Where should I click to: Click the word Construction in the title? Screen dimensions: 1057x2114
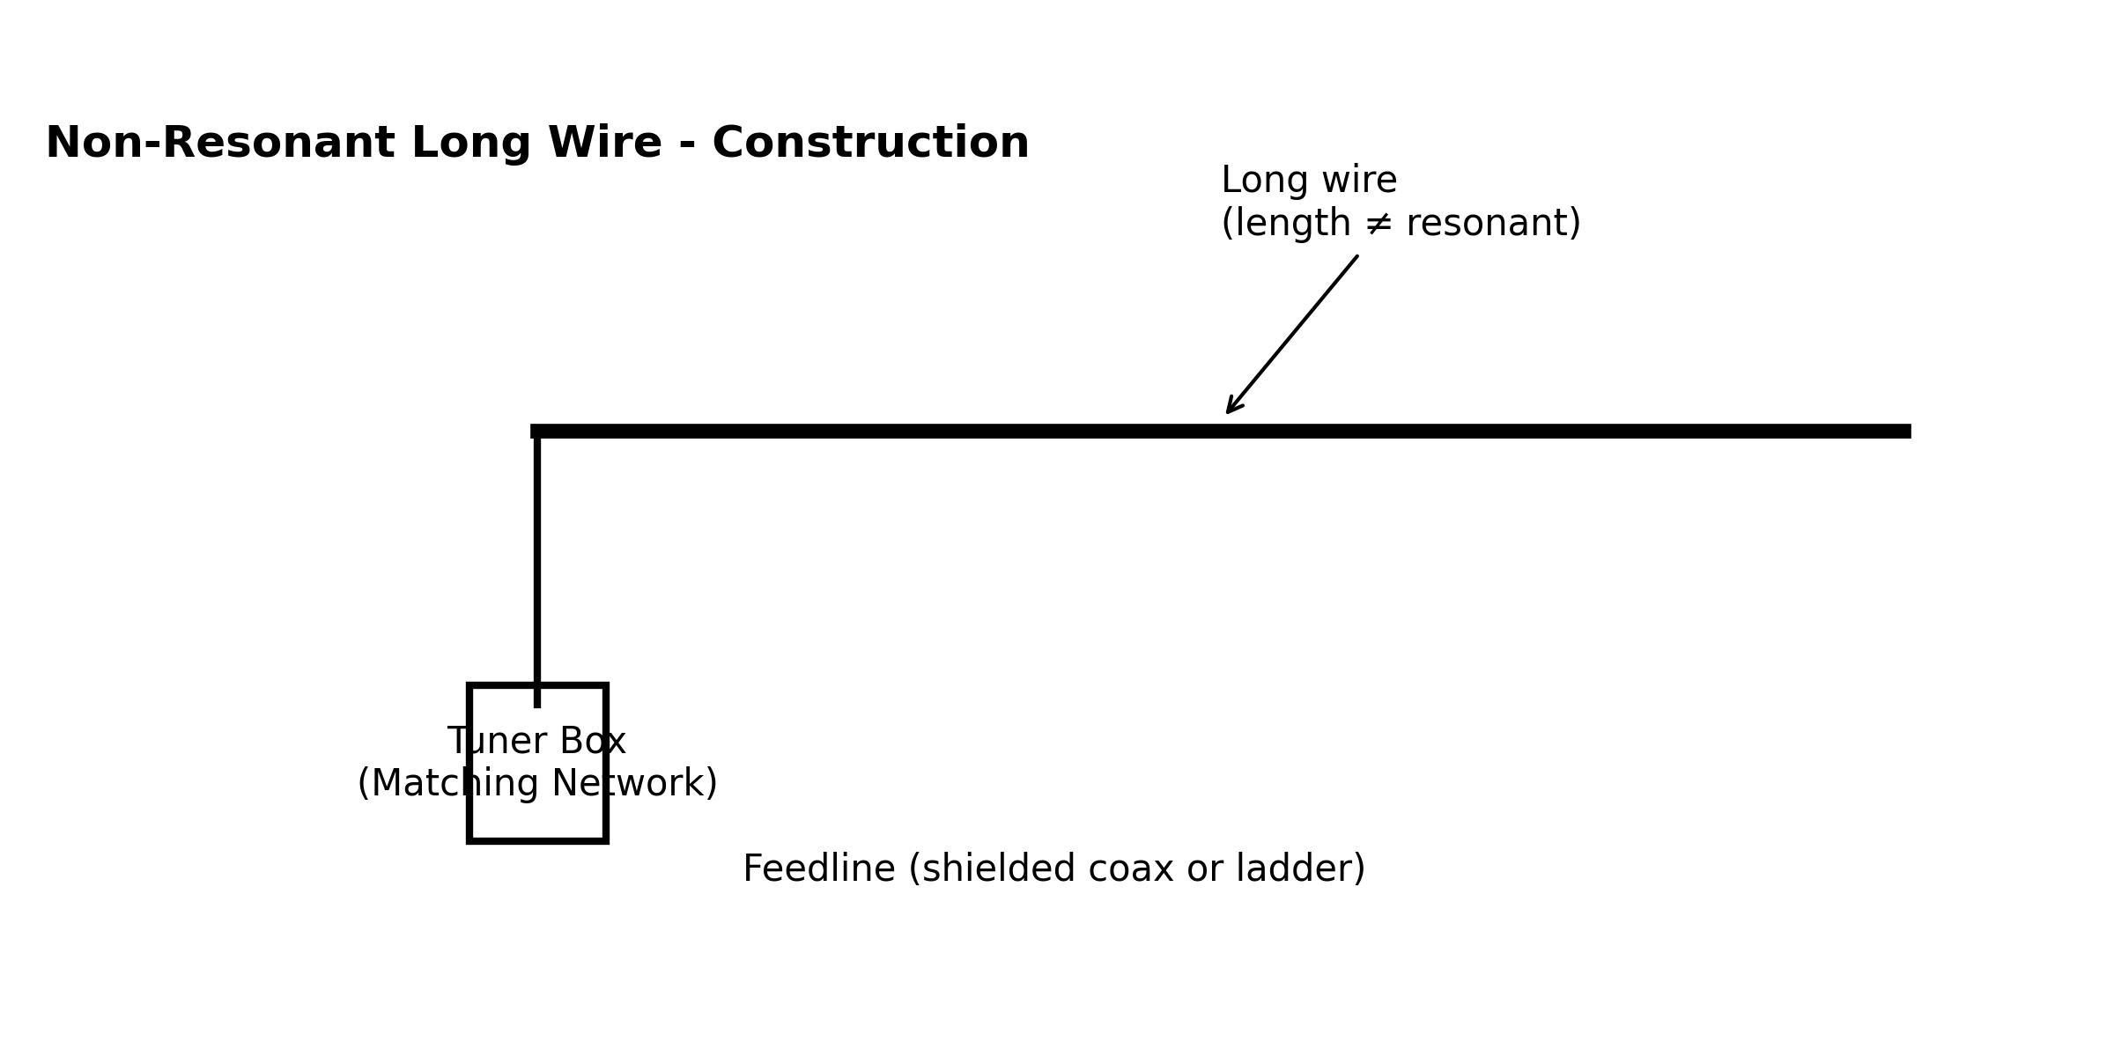870,144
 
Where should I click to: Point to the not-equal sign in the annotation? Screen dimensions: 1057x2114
1379,224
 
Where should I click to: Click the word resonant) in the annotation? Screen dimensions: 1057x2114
1493,224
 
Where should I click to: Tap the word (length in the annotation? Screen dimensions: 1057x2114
1286,224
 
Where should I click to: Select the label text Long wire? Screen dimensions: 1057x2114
1309,181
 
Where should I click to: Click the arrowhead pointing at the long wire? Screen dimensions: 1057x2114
1231,408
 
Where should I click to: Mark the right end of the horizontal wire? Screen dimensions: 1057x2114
1906,431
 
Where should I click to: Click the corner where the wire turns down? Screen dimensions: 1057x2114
536,431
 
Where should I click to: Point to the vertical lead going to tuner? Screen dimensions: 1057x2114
536,564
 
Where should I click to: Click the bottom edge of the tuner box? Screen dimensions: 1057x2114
537,841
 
